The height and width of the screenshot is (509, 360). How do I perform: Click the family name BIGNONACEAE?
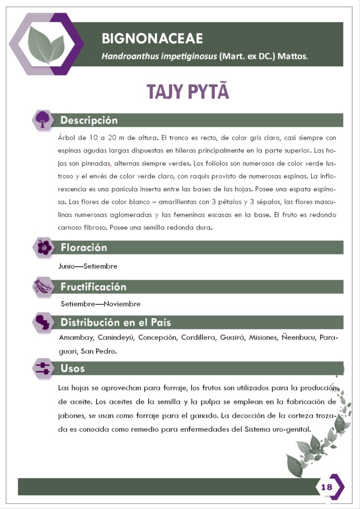pos(152,38)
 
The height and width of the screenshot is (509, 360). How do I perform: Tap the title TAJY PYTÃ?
pos(187,92)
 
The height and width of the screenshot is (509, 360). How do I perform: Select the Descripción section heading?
pos(89,120)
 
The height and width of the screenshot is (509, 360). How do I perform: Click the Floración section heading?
pos(84,248)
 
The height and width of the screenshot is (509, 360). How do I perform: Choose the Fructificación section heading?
pos(93,287)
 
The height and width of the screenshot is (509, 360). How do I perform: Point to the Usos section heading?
pos(73,368)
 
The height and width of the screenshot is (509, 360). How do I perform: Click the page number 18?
pos(327,487)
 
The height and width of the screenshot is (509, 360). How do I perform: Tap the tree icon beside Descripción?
pos(44,119)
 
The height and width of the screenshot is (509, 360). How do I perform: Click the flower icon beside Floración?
pos(44,247)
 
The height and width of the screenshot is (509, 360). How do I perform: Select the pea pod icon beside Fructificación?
pos(44,286)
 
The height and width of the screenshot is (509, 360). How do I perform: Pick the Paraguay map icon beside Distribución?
pos(44,322)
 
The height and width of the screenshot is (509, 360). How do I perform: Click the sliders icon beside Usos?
pos(43,368)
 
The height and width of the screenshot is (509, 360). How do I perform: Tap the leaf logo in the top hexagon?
pos(46,44)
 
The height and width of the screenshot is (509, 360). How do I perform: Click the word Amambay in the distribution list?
pos(76,338)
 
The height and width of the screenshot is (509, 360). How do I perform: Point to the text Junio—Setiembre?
pos(88,266)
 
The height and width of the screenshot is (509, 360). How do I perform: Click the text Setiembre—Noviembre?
pos(100,304)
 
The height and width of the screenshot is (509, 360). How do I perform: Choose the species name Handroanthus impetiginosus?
pos(159,57)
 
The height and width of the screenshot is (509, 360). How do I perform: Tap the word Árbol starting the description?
pos(67,138)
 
